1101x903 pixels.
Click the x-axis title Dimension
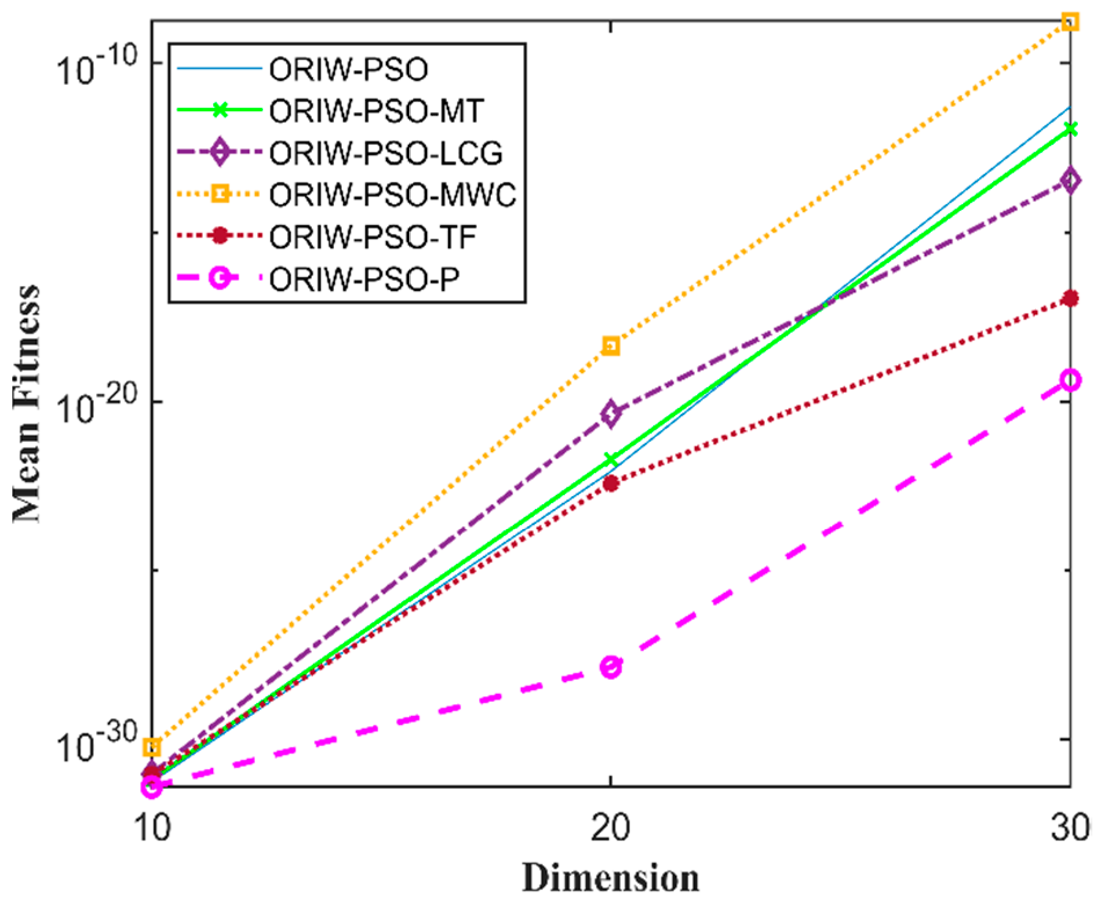(610, 877)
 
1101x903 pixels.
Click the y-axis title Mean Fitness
(27, 404)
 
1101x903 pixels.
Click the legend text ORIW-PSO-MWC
(392, 195)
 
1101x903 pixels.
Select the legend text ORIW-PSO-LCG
(385, 153)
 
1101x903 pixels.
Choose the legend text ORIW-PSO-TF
(373, 236)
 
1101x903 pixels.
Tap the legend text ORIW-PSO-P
(364, 279)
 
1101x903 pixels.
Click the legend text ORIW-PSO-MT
(376, 111)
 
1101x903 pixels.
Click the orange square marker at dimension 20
(611, 347)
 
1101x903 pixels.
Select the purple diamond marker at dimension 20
(610, 413)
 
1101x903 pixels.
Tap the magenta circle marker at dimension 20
(611, 667)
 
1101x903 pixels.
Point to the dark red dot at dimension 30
(1070, 298)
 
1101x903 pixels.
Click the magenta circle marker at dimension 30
(1070, 380)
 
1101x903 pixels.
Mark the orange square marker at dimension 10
(152, 747)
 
